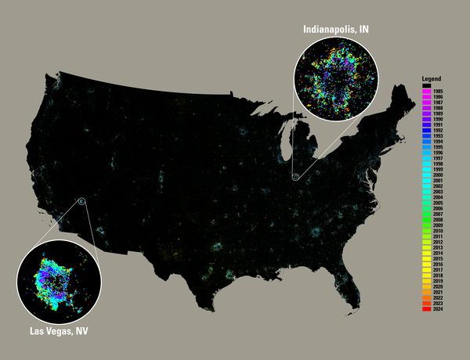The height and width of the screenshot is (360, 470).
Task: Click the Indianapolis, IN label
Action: click(x=336, y=29)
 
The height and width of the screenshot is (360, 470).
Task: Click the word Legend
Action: click(x=432, y=80)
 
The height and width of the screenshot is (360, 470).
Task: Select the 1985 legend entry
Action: click(x=436, y=92)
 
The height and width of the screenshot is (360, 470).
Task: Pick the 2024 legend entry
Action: click(x=436, y=309)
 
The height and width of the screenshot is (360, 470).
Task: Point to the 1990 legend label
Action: click(x=436, y=120)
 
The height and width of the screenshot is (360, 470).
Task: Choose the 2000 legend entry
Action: click(x=436, y=175)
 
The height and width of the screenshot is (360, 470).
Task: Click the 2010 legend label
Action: click(x=436, y=231)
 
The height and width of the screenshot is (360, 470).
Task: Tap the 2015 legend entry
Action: click(x=436, y=259)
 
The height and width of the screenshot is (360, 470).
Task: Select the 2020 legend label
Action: click(x=436, y=286)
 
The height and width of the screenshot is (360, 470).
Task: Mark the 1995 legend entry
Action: click(x=436, y=148)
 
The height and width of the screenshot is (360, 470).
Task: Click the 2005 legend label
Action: click(x=436, y=203)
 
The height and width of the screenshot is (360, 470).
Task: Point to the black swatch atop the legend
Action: click(x=427, y=86)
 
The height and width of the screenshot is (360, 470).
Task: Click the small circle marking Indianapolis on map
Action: click(x=296, y=178)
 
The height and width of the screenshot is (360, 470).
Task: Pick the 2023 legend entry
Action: click(x=436, y=304)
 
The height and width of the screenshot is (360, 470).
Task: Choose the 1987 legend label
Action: click(x=436, y=103)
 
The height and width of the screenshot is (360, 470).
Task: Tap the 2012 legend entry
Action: click(x=436, y=242)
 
